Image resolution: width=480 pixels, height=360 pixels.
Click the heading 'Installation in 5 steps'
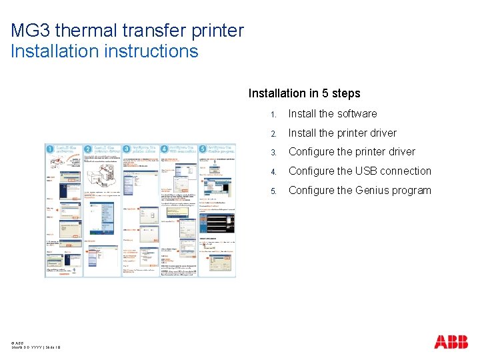[304, 93]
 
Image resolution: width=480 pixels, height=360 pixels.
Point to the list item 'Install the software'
[333, 114]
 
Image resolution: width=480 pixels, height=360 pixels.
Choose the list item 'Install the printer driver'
[342, 133]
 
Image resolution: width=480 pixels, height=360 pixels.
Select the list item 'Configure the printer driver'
[351, 152]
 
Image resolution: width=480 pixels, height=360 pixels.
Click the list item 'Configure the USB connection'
[359, 171]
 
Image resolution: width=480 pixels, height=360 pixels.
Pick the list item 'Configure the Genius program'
[359, 191]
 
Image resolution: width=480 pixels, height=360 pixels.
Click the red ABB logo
[451, 342]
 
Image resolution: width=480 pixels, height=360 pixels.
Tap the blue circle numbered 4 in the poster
[164, 151]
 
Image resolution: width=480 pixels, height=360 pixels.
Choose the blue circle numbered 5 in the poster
[201, 151]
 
